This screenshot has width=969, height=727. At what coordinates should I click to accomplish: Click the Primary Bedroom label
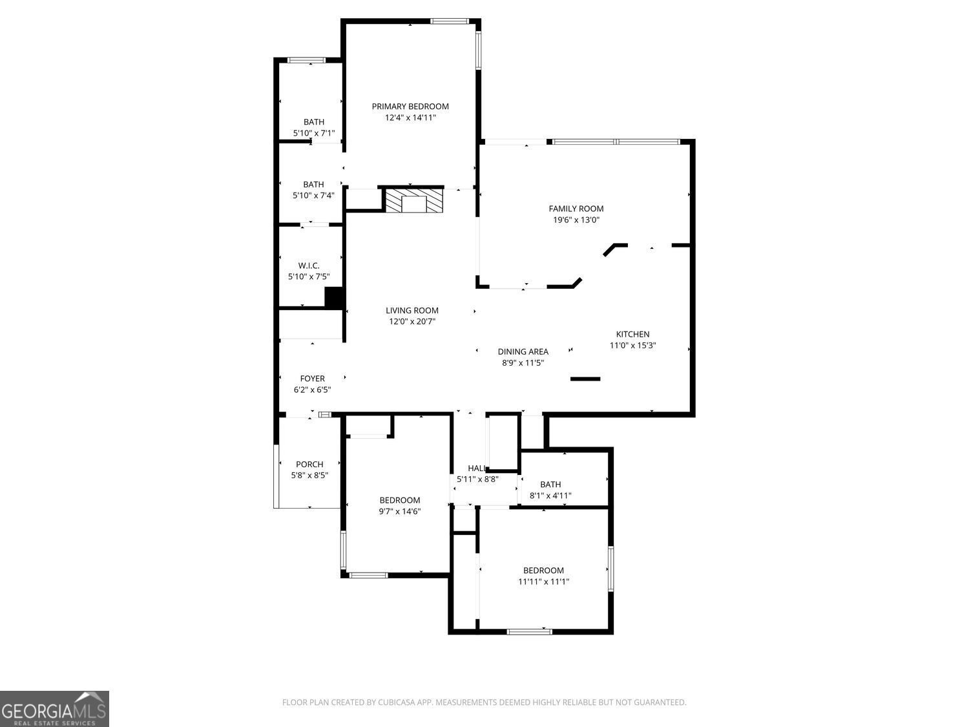(x=410, y=107)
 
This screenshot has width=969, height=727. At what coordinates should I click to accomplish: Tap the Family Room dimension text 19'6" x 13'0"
(x=576, y=220)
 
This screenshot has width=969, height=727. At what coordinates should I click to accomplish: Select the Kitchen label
(x=632, y=334)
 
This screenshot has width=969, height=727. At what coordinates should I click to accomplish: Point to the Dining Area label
(x=523, y=352)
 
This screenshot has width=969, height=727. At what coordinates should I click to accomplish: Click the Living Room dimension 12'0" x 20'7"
(x=412, y=321)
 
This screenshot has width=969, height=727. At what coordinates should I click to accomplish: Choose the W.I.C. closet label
(x=309, y=266)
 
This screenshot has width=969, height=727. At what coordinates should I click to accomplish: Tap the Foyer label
(x=313, y=379)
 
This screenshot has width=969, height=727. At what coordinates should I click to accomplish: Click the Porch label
(x=309, y=464)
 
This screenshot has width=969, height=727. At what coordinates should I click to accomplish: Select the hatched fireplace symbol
(x=414, y=200)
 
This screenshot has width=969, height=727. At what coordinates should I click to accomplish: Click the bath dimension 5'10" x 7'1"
(x=314, y=133)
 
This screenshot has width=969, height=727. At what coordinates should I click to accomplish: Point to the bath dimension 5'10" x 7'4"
(x=314, y=195)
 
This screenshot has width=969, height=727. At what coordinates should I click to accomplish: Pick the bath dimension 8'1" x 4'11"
(x=550, y=496)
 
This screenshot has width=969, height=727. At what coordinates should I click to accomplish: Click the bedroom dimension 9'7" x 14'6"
(x=400, y=511)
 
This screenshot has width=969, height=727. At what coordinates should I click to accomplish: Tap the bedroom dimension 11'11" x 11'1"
(x=543, y=582)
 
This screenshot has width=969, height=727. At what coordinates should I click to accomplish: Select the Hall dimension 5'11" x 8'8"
(x=477, y=479)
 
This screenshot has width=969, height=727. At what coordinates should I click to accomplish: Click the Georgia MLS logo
(x=54, y=709)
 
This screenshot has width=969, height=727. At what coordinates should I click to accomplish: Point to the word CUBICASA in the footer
(x=395, y=702)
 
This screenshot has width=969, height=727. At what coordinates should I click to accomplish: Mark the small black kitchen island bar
(x=586, y=379)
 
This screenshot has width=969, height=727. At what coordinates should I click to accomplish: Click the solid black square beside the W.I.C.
(x=333, y=297)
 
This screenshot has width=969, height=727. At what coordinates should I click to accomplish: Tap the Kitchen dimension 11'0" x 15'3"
(x=632, y=345)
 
